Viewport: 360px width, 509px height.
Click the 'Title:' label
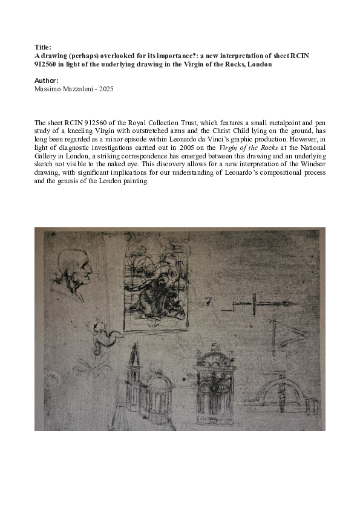42,45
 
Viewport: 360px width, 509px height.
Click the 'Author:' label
46,80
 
